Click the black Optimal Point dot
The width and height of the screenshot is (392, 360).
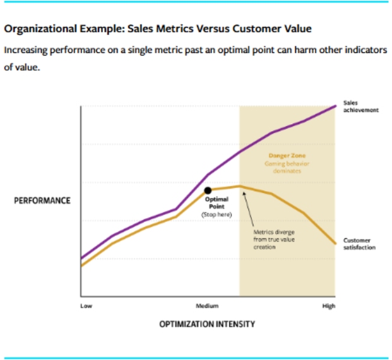(x=208, y=190)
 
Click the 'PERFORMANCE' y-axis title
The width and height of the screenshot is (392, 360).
(x=42, y=200)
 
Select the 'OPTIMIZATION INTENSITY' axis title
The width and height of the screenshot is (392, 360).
(x=207, y=324)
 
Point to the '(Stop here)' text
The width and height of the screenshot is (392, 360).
(x=216, y=214)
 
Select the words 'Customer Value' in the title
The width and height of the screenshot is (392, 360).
(x=280, y=29)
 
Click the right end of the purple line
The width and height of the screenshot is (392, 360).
(x=335, y=106)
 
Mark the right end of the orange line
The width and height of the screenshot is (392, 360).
(x=335, y=243)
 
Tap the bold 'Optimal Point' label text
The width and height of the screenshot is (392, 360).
(x=216, y=203)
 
